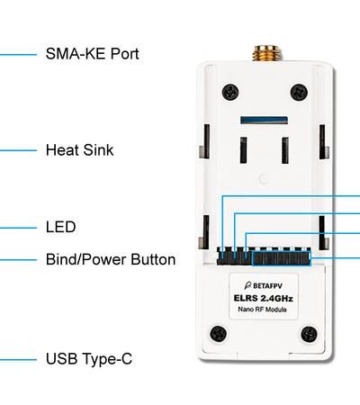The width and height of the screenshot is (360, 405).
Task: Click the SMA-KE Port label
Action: [x=93, y=54]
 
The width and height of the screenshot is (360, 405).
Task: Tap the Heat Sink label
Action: [x=80, y=150]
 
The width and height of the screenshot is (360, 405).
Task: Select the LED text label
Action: [x=61, y=227]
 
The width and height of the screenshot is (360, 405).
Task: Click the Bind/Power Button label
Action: [x=111, y=259]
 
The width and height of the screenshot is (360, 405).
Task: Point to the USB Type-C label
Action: [x=89, y=359]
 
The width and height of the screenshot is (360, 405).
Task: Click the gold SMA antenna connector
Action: [x=266, y=53]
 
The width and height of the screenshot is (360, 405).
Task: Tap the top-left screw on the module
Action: [x=230, y=92]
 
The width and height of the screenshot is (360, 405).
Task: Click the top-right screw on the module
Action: [x=299, y=93]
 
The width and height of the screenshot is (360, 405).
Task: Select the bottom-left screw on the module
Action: [x=218, y=333]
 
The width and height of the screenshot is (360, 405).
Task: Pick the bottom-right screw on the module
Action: [x=309, y=334]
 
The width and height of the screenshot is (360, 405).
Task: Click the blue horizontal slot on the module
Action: [x=265, y=121]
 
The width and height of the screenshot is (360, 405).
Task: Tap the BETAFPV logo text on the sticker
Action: [x=264, y=285]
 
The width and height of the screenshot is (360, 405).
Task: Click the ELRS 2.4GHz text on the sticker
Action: [x=263, y=298]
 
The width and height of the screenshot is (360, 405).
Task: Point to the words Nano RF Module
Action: [x=262, y=310]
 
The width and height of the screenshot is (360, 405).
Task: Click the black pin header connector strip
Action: [x=264, y=256]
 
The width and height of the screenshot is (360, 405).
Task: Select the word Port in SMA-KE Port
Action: [x=125, y=54]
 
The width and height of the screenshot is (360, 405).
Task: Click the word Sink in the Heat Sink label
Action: [x=99, y=150]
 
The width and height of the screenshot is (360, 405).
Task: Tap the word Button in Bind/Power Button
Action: [x=153, y=259]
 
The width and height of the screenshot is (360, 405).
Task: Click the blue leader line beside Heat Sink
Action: [x=18, y=150]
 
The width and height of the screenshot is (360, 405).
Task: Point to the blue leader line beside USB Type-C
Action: [x=18, y=359]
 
